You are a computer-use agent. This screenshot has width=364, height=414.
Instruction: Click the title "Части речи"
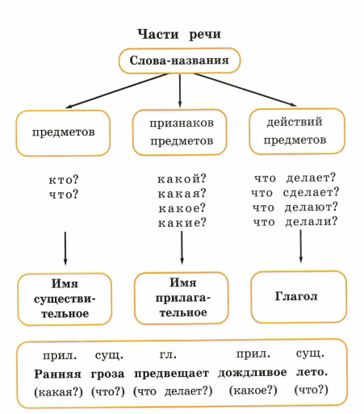[x=179, y=36]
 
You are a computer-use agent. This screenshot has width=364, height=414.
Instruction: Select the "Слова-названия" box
[x=179, y=61]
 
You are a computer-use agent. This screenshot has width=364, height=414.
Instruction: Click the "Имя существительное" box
[x=63, y=298]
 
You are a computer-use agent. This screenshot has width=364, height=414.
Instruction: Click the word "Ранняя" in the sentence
[x=57, y=373]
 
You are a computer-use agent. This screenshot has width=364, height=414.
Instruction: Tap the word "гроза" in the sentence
[x=107, y=373]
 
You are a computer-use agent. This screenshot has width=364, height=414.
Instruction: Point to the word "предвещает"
[x=171, y=373]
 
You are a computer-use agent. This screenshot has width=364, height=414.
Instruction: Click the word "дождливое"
[x=253, y=373]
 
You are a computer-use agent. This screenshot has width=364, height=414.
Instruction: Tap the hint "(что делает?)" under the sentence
[x=172, y=391]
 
